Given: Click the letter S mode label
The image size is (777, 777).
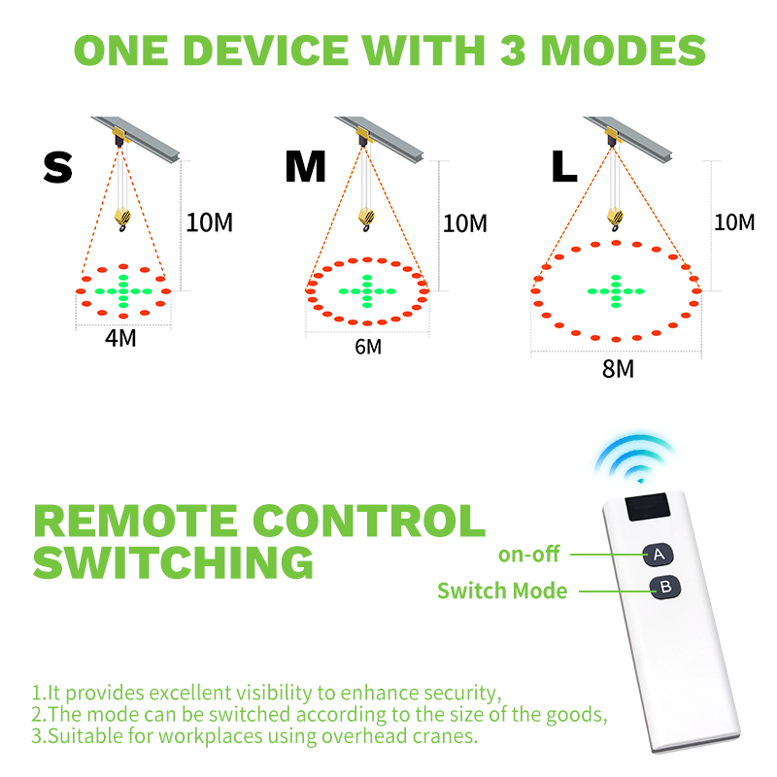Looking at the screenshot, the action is coord(58,167).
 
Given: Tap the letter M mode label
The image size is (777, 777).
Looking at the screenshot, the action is coord(305,166).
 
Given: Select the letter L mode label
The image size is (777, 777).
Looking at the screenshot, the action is coord(564,166).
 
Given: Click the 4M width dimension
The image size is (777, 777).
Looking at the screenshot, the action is coord(120,338).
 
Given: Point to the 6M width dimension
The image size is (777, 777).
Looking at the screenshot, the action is coord(368,347).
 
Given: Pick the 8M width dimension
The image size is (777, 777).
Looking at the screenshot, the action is coord(618,369).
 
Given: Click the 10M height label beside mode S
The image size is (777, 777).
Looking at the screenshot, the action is coord(209,222).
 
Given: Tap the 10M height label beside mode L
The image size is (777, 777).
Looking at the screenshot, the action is coord(734,222).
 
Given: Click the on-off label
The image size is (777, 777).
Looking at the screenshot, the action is coord(528,555).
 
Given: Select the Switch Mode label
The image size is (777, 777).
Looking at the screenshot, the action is coord(502,591).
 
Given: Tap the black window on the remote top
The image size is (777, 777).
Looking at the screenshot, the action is coord(648,506).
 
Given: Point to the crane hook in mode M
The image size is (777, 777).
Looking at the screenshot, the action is coord(367,220).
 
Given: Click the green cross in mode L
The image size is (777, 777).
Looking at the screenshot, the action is coord(616,291).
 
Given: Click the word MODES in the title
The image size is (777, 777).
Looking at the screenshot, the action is coord(624,51).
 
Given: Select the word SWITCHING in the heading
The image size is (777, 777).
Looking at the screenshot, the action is coord(174,562).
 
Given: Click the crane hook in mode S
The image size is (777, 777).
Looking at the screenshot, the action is coord(122,220).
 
